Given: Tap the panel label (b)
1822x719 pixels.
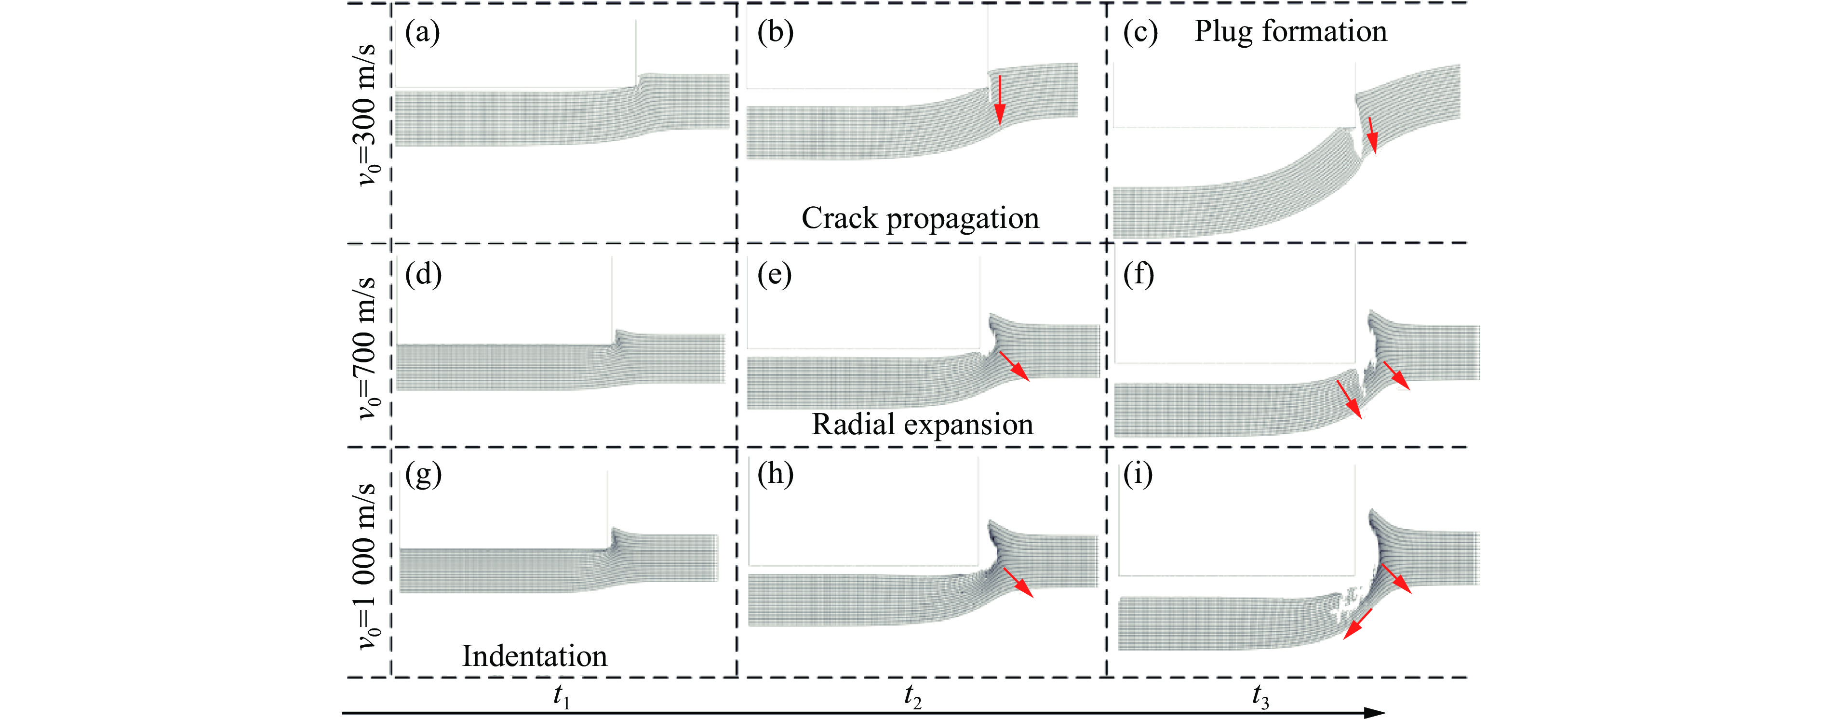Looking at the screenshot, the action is pyautogui.click(x=775, y=32).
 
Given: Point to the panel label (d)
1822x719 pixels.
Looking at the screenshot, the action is pyautogui.click(x=424, y=274).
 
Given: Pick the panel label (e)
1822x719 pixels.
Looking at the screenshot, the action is pyautogui.click(x=775, y=274).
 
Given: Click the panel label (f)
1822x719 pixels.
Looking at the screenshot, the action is pyautogui.click(x=1139, y=274).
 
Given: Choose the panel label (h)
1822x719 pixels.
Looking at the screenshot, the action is pyautogui.click(x=775, y=474).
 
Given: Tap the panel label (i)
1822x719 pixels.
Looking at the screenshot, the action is pyautogui.click(x=1138, y=474).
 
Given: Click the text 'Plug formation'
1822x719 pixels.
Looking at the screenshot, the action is pyautogui.click(x=1291, y=32).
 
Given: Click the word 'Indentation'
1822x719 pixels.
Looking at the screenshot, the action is pyautogui.click(x=535, y=656).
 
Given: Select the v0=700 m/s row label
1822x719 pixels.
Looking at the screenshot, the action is pyautogui.click(x=369, y=348).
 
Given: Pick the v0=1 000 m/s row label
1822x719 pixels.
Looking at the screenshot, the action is pyautogui.click(x=369, y=567).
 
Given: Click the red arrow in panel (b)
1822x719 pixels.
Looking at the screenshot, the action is pyautogui.click(x=999, y=98).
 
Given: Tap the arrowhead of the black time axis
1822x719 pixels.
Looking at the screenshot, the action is pyautogui.click(x=1375, y=713).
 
